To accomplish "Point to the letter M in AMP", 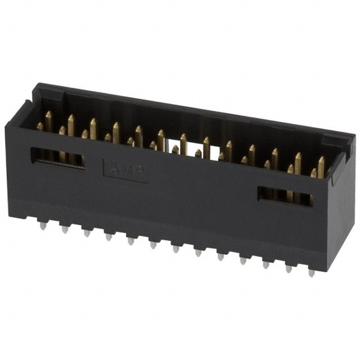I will point(125,169).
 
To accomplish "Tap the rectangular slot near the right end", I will point(285,195).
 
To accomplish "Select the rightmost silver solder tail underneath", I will point(312,272).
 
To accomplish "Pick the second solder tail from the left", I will point(65,229).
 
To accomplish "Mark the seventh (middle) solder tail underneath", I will point(175,248).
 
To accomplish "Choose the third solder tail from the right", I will point(265,264).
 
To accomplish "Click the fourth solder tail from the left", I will point(109,236).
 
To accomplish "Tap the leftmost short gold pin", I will point(40,127).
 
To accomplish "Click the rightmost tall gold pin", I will point(321,166).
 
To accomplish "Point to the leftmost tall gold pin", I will point(49,120).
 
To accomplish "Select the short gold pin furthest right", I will point(313,173).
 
